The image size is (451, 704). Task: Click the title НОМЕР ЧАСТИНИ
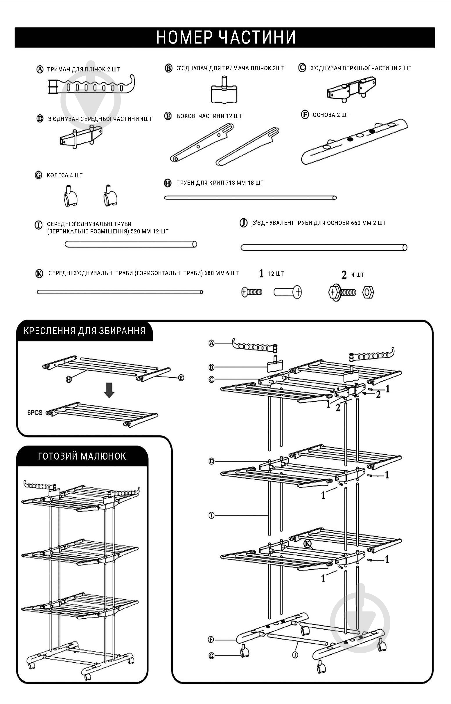click(225, 37)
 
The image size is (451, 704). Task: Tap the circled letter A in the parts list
click(39, 69)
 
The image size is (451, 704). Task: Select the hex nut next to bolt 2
click(368, 292)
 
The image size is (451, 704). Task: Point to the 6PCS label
click(35, 413)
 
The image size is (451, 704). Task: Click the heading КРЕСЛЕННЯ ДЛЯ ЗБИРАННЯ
click(84, 331)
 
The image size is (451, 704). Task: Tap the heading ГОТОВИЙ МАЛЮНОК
click(82, 456)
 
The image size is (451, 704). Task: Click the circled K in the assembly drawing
click(307, 544)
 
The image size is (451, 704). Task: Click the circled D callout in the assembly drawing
click(211, 461)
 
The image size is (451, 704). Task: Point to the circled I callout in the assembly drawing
click(211, 515)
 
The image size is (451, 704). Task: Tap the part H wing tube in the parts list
click(250, 198)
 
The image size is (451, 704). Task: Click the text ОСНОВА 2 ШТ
click(331, 115)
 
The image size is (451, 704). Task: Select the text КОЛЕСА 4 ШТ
click(65, 175)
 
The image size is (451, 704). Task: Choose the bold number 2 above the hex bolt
click(344, 275)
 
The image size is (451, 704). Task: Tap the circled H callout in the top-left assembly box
click(69, 379)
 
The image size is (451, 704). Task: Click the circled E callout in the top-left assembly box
click(181, 378)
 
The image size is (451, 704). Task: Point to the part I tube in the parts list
click(131, 244)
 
